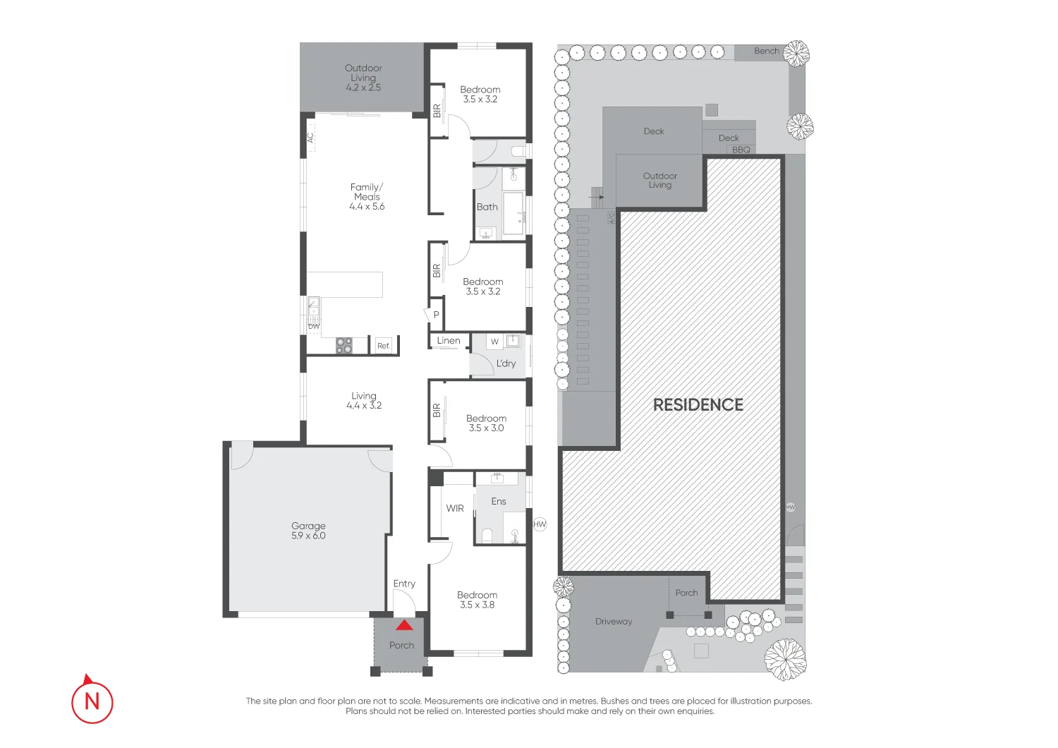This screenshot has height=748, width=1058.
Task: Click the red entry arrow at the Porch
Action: [x=404, y=625]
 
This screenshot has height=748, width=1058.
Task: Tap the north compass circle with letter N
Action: [x=92, y=701]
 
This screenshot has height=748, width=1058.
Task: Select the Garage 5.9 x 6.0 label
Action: [x=308, y=531]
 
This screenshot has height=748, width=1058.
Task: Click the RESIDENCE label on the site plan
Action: [x=698, y=405]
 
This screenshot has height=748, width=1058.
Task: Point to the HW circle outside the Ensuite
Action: [x=540, y=524]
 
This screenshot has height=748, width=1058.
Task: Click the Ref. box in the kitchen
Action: [x=383, y=346]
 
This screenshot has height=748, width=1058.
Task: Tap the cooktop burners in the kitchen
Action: [x=343, y=346]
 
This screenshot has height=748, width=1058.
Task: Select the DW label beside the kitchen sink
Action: [x=314, y=326]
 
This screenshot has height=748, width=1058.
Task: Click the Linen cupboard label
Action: [x=449, y=341]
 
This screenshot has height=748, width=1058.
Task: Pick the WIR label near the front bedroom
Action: [x=455, y=508]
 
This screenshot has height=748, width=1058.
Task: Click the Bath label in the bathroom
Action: [x=487, y=207]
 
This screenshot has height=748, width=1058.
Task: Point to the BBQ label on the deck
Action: [x=741, y=150]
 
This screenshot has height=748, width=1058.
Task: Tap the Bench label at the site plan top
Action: [x=766, y=51]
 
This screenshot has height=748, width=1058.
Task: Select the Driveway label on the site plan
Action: [x=614, y=622]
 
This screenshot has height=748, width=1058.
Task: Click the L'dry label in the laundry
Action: [x=506, y=363]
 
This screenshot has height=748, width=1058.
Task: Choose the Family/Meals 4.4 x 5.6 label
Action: [x=367, y=197]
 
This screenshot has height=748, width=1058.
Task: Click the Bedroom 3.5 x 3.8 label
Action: [x=477, y=600]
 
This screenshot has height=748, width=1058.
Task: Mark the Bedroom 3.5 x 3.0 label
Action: [x=486, y=423]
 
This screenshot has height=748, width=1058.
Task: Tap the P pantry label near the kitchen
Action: [x=436, y=315]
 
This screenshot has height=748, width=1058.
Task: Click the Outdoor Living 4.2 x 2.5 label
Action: [x=363, y=78]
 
